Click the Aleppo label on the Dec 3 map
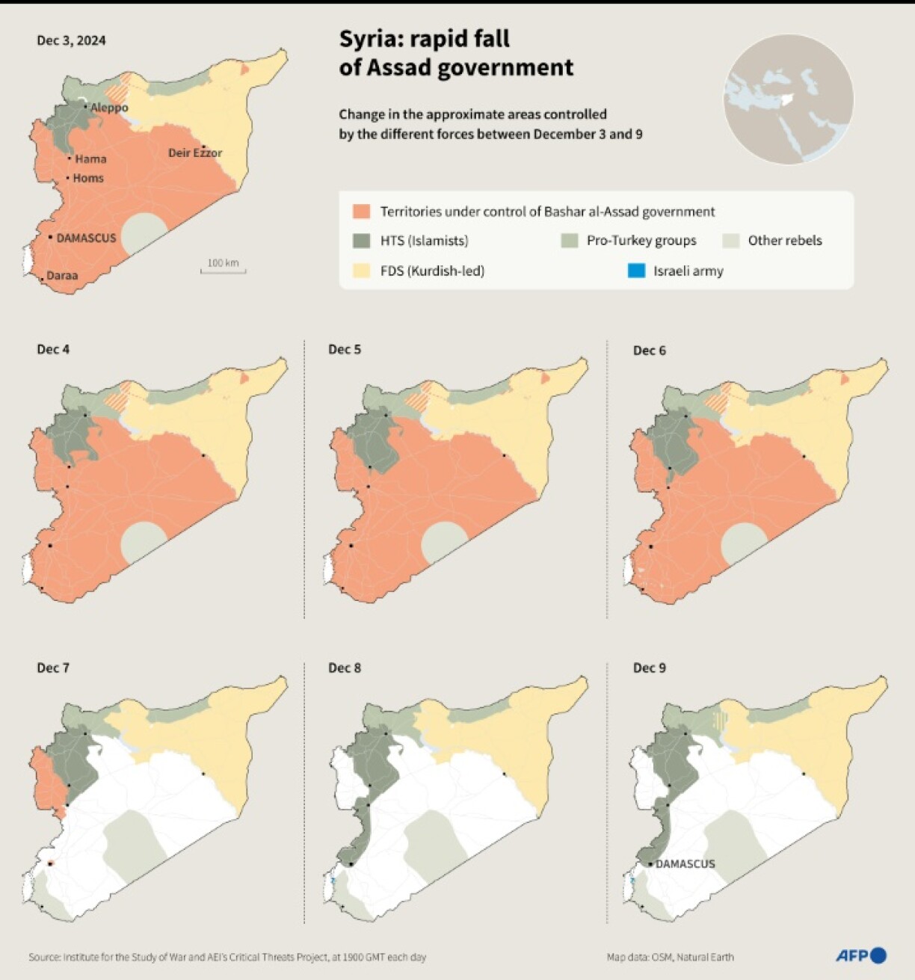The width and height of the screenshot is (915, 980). coord(109,108)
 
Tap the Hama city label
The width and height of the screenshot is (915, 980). coord(90,158)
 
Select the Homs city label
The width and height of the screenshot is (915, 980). coord(88,178)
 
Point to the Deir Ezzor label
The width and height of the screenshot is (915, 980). coord(195,152)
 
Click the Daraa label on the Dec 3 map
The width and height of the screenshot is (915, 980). coord(62,275)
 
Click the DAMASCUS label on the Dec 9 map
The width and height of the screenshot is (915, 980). coord(685,863)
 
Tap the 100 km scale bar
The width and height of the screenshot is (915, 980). coord(223,267)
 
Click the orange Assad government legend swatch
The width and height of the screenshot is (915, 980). coord(361,212)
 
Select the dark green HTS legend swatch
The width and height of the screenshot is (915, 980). coord(361,241)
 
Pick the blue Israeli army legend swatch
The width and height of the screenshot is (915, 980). coord(636,271)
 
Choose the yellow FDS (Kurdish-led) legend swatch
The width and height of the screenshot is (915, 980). coord(361,271)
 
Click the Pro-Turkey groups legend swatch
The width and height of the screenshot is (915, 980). coord(570,241)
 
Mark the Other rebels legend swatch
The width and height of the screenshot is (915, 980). coord(731,241)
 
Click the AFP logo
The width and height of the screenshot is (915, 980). coord(860,955)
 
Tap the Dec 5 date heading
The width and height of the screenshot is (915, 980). coord(345,350)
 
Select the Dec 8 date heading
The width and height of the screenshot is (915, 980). coord(345,668)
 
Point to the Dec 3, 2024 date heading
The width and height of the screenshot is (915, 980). coord(71,40)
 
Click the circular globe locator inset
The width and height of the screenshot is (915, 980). coord(788,99)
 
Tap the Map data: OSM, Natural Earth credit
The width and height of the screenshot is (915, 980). coord(670,957)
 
